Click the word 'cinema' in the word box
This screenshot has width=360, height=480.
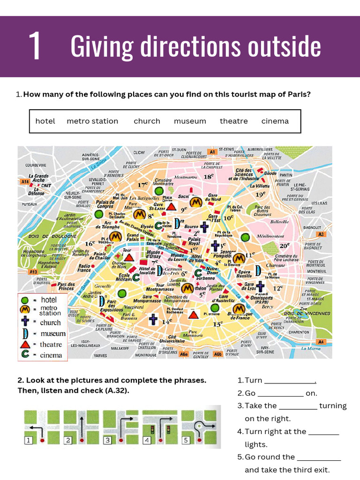pos(275,121)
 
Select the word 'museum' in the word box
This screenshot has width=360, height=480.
pos(190,121)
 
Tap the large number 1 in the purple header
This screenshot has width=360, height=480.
pos(35,46)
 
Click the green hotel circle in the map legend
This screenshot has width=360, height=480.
pos(25,300)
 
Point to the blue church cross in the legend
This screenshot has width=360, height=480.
pos(25,322)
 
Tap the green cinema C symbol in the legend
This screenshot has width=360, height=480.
pos(25,355)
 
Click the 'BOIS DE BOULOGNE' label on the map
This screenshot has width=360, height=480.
pos(46,236)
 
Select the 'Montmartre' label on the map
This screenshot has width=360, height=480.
pos(186,178)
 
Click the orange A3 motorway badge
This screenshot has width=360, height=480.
pos(321,234)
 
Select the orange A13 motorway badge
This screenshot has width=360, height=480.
pos(33,272)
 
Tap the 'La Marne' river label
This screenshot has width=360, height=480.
pos(311,348)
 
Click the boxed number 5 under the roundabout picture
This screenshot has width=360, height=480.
pos(186,440)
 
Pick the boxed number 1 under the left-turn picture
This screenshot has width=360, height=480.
pos(28,440)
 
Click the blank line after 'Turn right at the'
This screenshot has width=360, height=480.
pos(323,432)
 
